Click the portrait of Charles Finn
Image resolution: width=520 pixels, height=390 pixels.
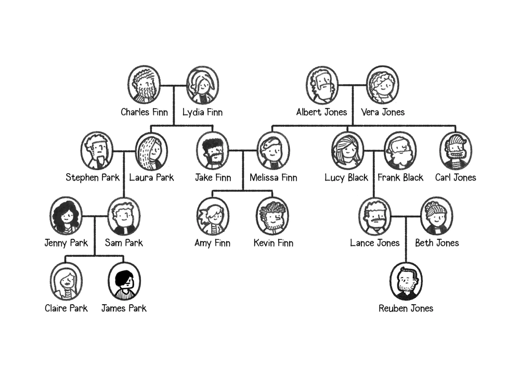coord(144,85)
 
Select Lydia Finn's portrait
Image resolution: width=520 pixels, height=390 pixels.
coord(203,85)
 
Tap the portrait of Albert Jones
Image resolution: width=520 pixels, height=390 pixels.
coord(322,85)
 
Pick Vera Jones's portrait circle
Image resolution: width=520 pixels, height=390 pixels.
coord(383,85)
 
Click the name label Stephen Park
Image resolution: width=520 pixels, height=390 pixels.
coord(93,177)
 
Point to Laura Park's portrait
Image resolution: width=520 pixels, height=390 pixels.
coord(151,151)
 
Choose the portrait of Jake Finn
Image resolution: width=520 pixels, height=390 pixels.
coord(213,151)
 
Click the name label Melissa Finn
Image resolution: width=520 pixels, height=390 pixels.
coord(274,177)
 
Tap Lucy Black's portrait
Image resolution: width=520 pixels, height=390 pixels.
coord(347,151)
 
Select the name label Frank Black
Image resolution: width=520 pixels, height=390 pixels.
coord(400,177)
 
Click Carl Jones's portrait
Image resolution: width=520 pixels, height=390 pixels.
coord(456,151)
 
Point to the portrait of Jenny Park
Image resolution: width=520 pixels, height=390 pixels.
coord(66,216)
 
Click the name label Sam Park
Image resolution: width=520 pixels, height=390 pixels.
coord(124,243)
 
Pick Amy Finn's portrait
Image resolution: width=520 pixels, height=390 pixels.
coord(213,216)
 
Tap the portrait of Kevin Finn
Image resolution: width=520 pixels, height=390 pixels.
coord(272,216)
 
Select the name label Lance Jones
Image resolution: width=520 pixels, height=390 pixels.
coord(375,243)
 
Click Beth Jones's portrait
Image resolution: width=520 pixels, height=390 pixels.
coord(437,216)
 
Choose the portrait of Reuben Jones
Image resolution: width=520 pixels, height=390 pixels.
coord(406,281)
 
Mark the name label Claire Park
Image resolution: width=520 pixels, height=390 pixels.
coord(66,308)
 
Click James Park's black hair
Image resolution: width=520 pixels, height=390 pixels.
coord(124,278)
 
